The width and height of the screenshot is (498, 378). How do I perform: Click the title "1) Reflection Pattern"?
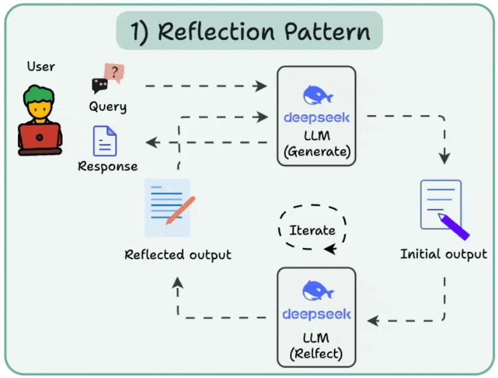coord(250,32)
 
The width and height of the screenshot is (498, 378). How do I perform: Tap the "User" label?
coord(40,66)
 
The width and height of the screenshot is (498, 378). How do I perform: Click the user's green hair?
coord(39,94)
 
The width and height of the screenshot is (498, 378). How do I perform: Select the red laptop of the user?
coord(40,139)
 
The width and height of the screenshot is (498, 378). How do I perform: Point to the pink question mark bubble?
coord(114,72)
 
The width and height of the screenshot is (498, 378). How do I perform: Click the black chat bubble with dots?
coord(99,85)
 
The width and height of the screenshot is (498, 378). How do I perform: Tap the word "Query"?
coord(108,107)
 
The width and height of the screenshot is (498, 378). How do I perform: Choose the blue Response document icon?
coord(105,141)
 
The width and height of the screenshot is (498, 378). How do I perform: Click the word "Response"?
coord(108,166)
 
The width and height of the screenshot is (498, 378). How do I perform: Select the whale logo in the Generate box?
coord(318,95)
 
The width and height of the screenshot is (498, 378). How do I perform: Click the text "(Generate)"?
coord(317,151)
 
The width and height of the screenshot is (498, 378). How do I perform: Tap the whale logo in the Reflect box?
coord(318,290)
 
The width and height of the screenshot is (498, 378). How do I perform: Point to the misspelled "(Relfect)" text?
coord(316,353)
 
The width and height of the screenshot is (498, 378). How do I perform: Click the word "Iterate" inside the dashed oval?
coord(312,230)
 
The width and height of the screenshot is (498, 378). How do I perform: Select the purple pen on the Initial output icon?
coord(453,226)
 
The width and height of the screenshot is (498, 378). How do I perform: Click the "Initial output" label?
coord(444,254)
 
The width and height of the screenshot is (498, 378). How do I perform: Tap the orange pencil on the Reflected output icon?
coord(180,210)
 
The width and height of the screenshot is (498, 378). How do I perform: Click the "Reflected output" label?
coord(178,255)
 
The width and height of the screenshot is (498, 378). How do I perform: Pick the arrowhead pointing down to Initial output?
coord(444,158)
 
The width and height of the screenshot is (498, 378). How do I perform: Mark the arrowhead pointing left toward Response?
coord(152,142)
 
